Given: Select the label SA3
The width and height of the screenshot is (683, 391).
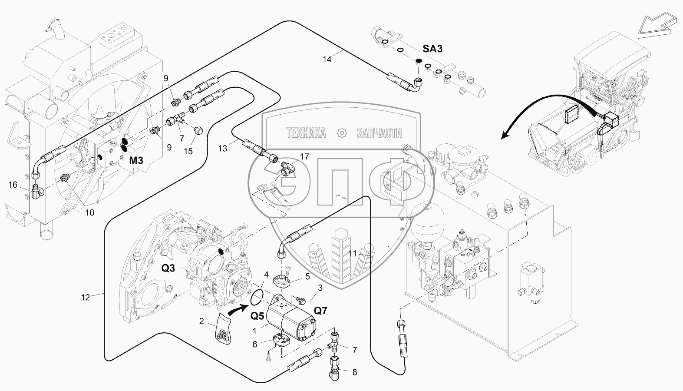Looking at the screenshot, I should pos(432,49).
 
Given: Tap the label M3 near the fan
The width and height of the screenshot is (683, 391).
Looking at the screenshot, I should pos(136,161).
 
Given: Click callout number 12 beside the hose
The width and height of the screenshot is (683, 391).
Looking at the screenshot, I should pos(85,297).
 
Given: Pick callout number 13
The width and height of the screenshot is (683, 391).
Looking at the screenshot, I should pos(222,149).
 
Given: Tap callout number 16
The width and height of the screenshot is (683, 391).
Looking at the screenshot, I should pos(13,185).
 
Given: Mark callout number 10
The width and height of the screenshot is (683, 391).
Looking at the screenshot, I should pos(89,213).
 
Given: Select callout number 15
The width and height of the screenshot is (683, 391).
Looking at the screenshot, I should pos(188,151).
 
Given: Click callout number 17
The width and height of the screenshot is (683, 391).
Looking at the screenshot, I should pos(304,156).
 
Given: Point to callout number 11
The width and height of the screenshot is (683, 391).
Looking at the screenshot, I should pos(352,253).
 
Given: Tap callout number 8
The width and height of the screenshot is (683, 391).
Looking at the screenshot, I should pos(355,372).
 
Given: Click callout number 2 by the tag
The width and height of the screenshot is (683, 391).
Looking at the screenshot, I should pos(201,321).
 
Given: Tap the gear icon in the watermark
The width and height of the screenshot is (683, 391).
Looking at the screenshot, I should pos(341,133).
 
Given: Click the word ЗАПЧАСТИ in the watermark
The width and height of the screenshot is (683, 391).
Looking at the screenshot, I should pos(379,133).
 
